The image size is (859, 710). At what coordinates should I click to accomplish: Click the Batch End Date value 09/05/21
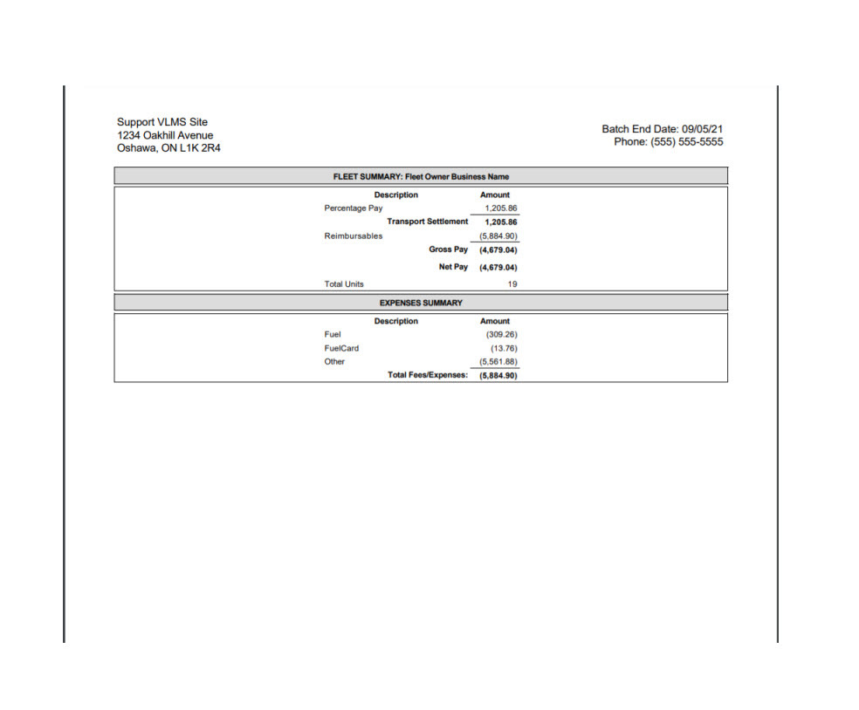click(x=701, y=129)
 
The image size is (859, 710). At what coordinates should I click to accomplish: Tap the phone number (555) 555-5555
click(x=685, y=142)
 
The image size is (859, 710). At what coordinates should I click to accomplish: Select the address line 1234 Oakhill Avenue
click(x=165, y=135)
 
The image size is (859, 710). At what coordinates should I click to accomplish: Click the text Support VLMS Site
click(x=162, y=122)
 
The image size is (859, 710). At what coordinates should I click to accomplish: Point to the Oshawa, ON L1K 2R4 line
click(x=168, y=148)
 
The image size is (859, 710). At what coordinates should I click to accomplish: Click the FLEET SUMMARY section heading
click(x=421, y=176)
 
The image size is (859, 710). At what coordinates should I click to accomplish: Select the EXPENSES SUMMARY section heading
click(x=421, y=303)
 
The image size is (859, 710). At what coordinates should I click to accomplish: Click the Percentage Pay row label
click(x=354, y=208)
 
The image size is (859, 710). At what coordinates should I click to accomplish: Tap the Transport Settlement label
click(x=428, y=222)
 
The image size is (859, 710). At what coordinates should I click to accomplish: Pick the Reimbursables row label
click(x=354, y=236)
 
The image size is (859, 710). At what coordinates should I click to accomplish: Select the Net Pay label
click(x=453, y=267)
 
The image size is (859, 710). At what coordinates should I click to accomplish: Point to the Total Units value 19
click(x=512, y=284)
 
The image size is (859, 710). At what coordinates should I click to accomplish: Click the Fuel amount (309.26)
click(x=501, y=334)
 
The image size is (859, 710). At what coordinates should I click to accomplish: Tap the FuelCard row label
click(x=341, y=348)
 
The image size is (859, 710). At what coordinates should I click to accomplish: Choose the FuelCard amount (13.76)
click(x=504, y=348)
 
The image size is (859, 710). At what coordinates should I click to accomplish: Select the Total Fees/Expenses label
click(x=428, y=375)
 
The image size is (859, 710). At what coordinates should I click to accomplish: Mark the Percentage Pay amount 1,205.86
click(x=501, y=208)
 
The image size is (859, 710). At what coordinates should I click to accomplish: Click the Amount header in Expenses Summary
click(x=495, y=321)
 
